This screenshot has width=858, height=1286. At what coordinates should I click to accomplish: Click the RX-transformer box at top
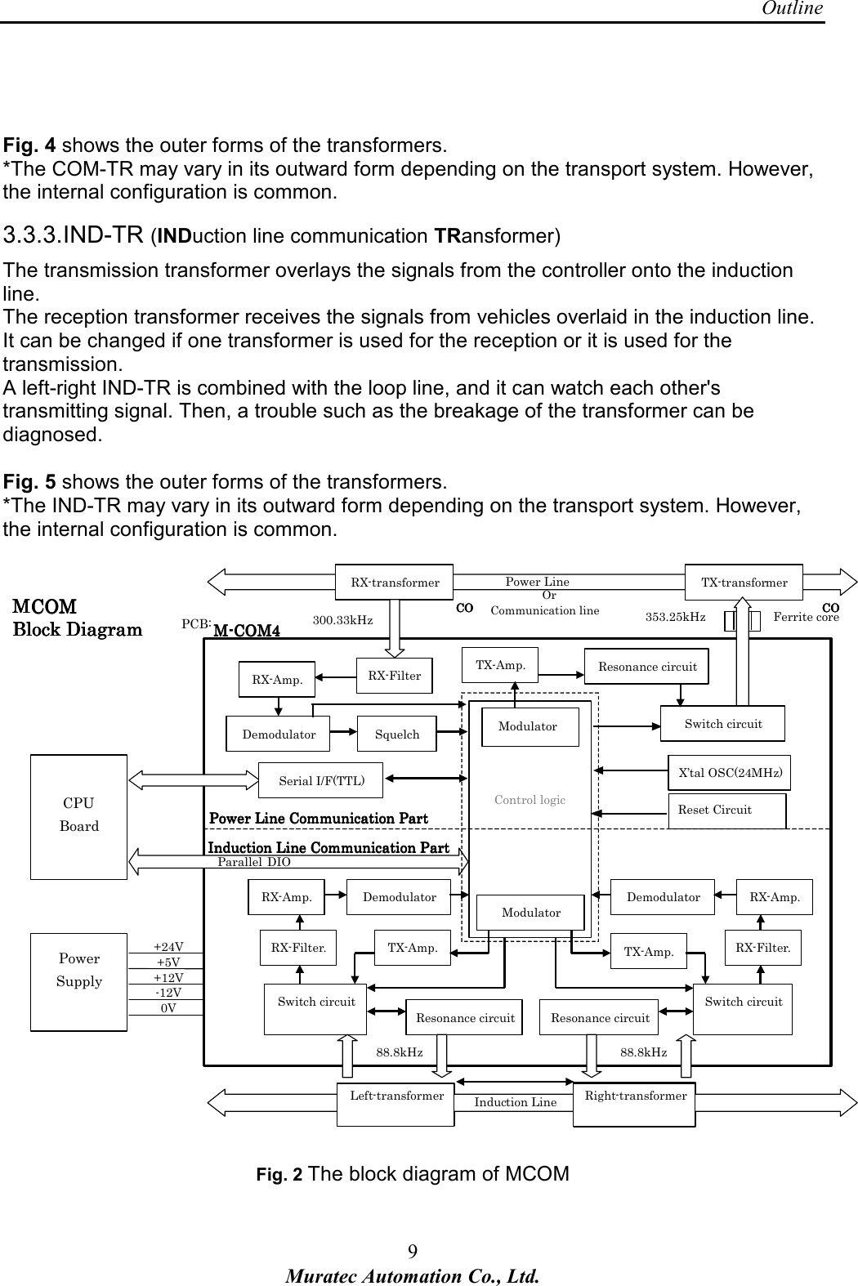(x=395, y=583)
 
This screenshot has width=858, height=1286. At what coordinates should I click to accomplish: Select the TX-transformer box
(x=744, y=583)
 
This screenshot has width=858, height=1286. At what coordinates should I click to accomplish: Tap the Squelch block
(x=397, y=735)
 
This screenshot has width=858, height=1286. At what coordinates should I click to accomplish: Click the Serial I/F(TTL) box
(x=320, y=780)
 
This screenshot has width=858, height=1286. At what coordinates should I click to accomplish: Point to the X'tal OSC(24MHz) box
(x=730, y=772)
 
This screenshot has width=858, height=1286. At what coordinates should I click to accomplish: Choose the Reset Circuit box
(x=726, y=810)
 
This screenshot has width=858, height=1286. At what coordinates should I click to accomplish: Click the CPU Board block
(x=79, y=815)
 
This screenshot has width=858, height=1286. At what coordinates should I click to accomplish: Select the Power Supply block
(x=79, y=971)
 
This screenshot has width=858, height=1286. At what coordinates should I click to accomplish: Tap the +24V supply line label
(x=168, y=947)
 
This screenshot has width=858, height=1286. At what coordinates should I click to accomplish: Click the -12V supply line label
(x=168, y=993)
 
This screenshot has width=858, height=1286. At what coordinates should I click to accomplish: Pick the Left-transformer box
(x=396, y=1096)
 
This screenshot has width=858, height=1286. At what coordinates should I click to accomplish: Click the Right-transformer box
(x=635, y=1096)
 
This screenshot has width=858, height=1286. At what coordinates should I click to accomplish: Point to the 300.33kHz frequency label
(x=342, y=620)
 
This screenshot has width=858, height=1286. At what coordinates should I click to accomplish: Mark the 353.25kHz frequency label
(x=675, y=617)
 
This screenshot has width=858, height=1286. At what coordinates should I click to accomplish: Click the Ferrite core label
(x=805, y=617)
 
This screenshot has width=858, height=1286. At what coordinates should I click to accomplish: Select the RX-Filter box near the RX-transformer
(x=395, y=676)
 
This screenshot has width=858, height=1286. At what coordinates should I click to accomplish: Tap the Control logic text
(x=530, y=800)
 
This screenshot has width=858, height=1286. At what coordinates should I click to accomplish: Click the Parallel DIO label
(x=254, y=862)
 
